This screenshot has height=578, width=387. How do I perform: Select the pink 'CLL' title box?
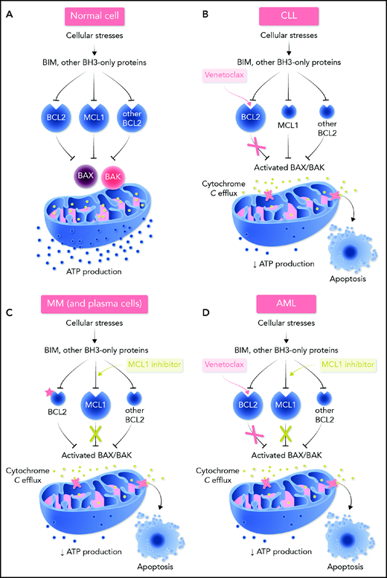coord(290,16)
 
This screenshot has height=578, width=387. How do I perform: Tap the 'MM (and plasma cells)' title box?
coord(98,304)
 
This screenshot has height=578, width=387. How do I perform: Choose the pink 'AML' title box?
coord(290,304)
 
